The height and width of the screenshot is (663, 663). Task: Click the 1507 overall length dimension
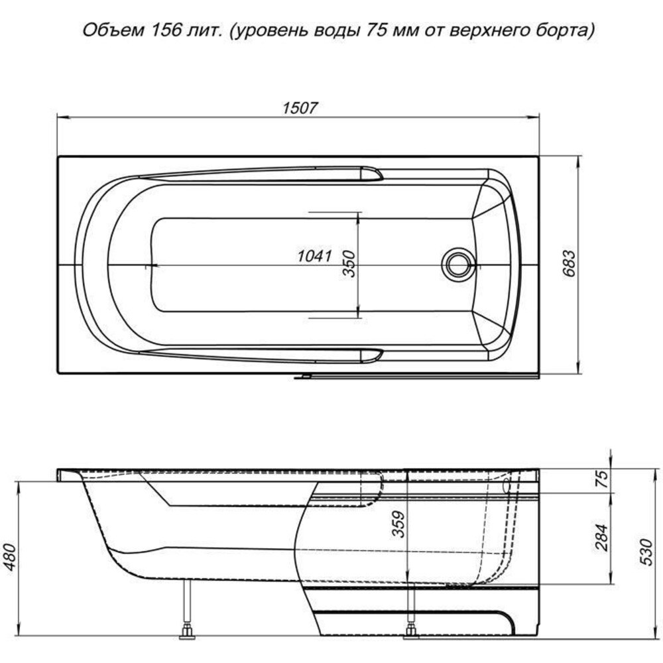click(300, 108)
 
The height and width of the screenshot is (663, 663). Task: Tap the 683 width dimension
click(570, 263)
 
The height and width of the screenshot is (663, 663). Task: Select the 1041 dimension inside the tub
click(314, 256)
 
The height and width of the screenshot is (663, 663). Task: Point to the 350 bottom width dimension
click(349, 263)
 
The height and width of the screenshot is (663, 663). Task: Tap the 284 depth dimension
click(602, 538)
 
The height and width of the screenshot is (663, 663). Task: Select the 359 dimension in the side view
click(398, 524)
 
